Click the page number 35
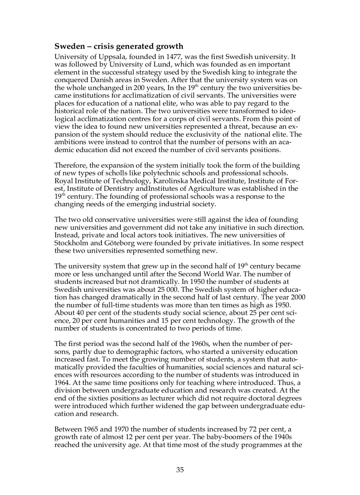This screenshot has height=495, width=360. click(x=180, y=469)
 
